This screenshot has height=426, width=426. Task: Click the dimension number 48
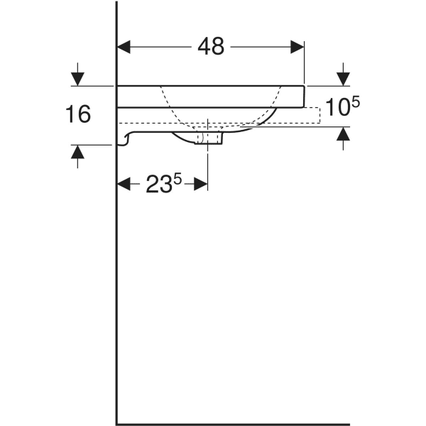[211, 47]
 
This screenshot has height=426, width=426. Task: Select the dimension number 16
[78, 114]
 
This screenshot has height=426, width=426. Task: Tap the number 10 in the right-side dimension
[337, 109]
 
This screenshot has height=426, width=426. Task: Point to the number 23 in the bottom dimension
[158, 185]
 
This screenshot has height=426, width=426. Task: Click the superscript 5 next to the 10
[355, 103]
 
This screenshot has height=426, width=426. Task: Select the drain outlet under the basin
[210, 137]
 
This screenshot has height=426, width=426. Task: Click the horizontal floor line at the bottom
[234, 424]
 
